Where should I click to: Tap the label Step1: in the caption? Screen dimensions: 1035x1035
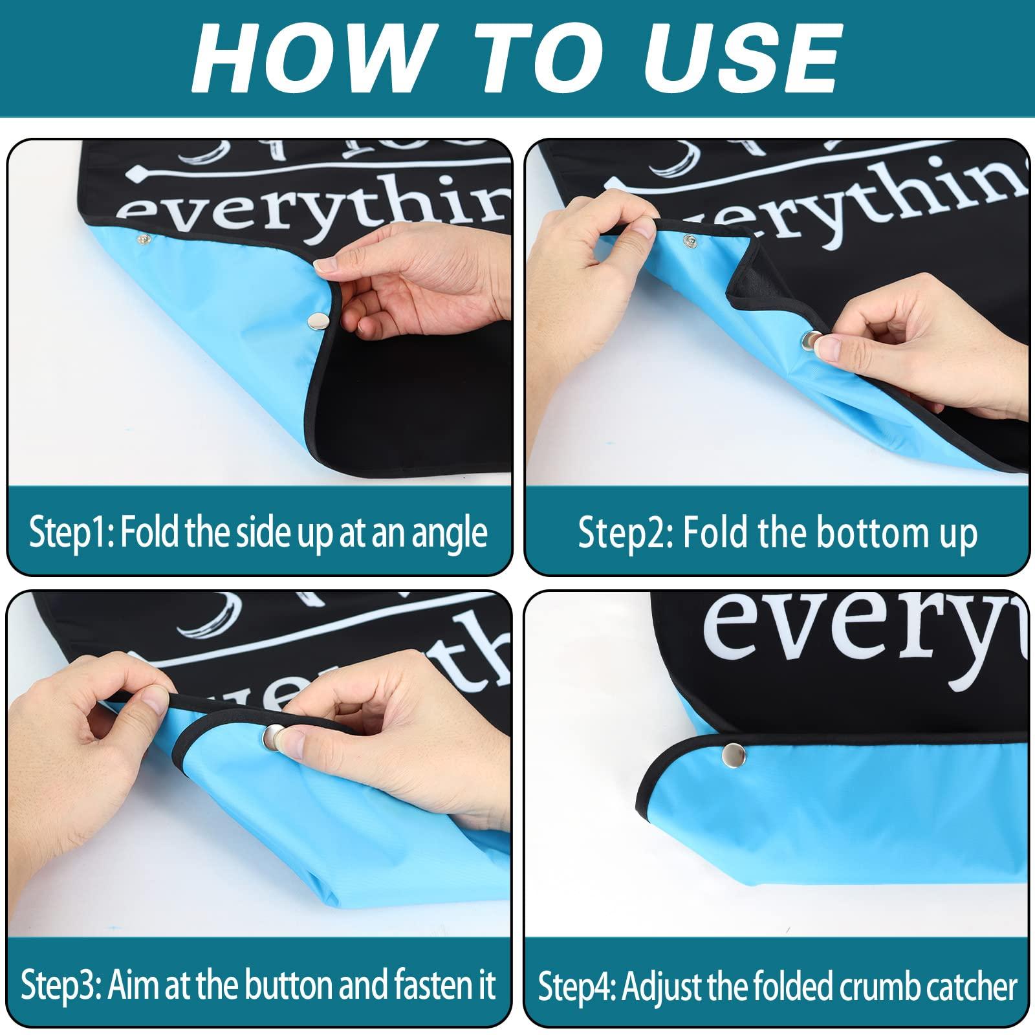71,534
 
